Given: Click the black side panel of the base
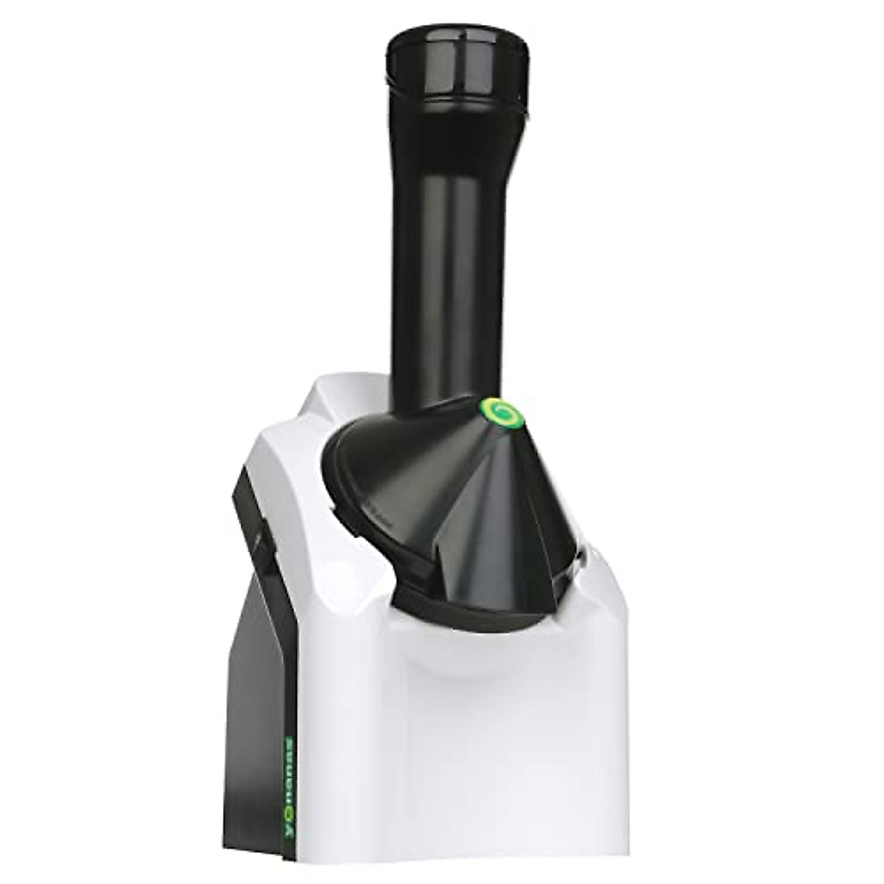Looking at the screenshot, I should pyautogui.click(x=258, y=700).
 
